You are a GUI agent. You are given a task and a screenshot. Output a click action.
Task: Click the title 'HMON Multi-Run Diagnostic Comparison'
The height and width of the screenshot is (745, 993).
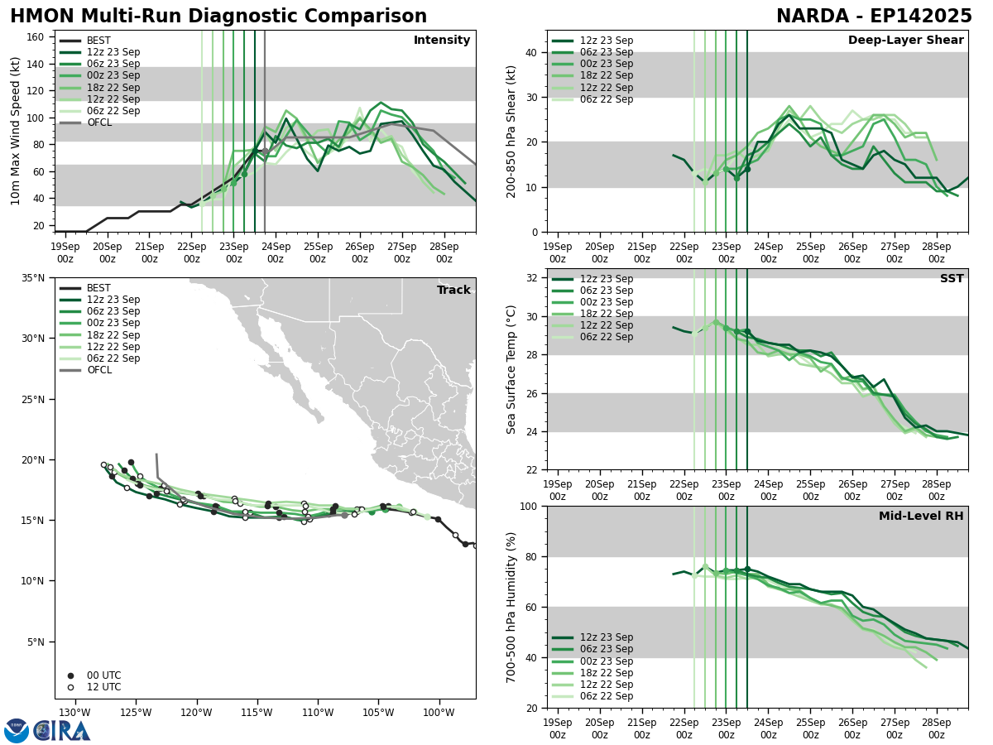click(218, 17)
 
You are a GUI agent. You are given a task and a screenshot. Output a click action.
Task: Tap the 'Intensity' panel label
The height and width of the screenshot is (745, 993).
click(442, 41)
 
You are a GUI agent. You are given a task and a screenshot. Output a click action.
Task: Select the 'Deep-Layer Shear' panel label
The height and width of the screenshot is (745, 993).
click(905, 41)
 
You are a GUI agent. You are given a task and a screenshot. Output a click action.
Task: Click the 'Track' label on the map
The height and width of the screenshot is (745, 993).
click(453, 291)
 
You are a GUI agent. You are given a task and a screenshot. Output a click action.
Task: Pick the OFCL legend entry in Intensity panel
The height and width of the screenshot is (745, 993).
click(98, 123)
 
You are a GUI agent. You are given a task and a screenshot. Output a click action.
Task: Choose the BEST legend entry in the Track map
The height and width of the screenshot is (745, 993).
click(98, 288)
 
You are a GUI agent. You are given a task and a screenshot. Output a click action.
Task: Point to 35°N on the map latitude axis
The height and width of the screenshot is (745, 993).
click(29, 278)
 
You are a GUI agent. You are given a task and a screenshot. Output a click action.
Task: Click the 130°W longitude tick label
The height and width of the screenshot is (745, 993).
click(74, 713)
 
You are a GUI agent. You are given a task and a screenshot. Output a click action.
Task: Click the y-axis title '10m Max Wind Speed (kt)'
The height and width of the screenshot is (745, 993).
click(16, 131)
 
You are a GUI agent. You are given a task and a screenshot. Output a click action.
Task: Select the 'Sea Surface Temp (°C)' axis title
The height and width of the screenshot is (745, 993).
click(512, 369)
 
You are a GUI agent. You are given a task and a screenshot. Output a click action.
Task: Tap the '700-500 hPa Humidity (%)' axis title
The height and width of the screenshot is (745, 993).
click(512, 607)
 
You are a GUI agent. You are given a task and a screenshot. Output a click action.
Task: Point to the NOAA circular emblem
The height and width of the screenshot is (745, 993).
click(17, 730)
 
